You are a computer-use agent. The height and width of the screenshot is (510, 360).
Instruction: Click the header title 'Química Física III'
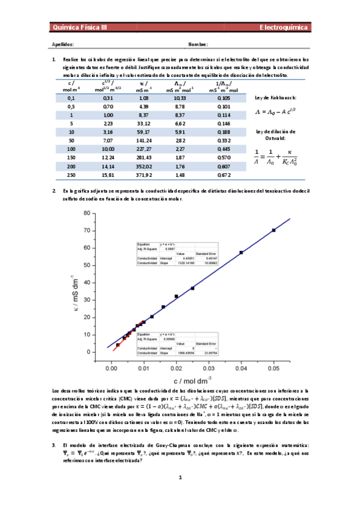[x=80, y=28]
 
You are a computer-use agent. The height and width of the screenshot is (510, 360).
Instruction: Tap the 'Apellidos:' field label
[x=63, y=45]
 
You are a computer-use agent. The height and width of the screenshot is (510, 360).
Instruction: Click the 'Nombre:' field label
[x=198, y=45]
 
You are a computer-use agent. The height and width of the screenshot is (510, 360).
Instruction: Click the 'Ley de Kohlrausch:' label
[x=275, y=97]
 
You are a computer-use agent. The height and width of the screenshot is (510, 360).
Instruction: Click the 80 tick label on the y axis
[x=87, y=213]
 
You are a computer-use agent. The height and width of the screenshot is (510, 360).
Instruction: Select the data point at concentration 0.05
[x=273, y=230]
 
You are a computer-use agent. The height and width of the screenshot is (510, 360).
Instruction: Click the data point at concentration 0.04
[x=241, y=253]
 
